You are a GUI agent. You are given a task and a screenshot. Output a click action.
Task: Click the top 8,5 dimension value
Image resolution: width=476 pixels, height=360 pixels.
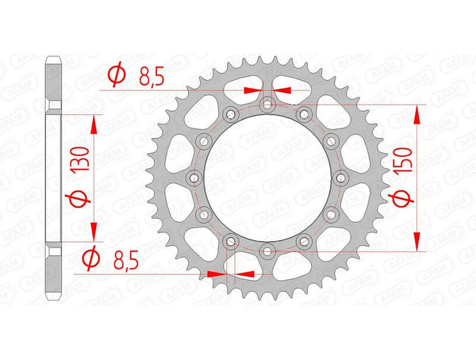[150, 76]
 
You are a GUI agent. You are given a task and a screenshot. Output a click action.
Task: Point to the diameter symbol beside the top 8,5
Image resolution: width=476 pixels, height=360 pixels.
[115, 76]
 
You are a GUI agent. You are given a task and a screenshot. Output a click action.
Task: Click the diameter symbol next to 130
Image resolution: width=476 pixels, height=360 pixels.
[79, 197]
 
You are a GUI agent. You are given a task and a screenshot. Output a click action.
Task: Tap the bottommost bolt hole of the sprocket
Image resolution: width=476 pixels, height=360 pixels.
[267, 251]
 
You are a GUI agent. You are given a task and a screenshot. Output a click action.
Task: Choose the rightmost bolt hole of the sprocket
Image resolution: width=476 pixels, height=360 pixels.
[340, 178]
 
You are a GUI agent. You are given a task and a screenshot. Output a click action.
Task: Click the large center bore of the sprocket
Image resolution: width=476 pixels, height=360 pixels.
[267, 178]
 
